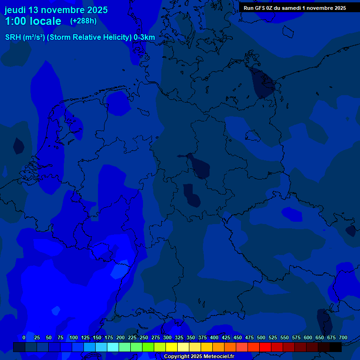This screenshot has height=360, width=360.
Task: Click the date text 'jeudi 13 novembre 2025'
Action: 56,10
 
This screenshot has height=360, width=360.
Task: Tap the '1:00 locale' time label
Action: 33,21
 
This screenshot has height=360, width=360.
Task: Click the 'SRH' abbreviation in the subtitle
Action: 13,37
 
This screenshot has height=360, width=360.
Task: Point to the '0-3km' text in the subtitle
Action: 144,37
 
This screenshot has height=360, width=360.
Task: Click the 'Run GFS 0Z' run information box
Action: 295,7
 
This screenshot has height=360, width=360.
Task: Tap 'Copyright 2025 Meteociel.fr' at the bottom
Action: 199,357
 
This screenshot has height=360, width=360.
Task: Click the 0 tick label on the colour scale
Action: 24,337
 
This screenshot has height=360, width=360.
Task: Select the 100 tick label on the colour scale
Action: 74,337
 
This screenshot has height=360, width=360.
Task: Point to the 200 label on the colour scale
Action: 120,337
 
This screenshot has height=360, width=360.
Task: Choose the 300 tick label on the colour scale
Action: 167,337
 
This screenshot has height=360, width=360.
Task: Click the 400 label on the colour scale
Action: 214,337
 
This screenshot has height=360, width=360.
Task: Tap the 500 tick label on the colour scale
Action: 261,337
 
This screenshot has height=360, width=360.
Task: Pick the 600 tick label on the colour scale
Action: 308,337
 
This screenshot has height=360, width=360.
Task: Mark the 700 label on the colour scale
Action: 343,337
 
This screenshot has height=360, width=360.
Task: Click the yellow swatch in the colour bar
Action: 172,347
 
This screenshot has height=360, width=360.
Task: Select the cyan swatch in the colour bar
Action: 113,347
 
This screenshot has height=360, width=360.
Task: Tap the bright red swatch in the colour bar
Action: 265,347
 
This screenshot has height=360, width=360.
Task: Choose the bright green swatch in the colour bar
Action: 148,347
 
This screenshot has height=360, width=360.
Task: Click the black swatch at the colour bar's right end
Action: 336,347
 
